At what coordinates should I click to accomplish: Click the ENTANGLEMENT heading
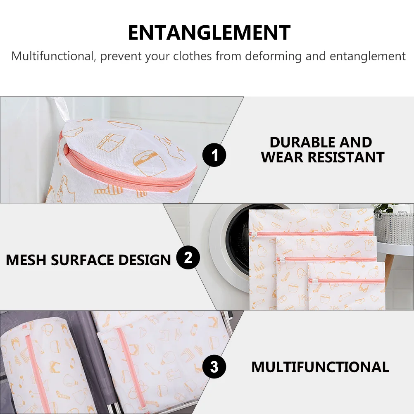tap(209, 33)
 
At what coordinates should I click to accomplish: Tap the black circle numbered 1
tap(214, 155)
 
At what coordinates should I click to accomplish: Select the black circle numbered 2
tap(188, 257)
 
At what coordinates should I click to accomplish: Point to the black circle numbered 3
tap(214, 367)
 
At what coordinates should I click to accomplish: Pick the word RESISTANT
tap(346, 157)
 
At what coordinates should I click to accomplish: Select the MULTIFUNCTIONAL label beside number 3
tap(320, 367)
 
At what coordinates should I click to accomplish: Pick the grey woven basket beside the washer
tap(394, 227)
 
